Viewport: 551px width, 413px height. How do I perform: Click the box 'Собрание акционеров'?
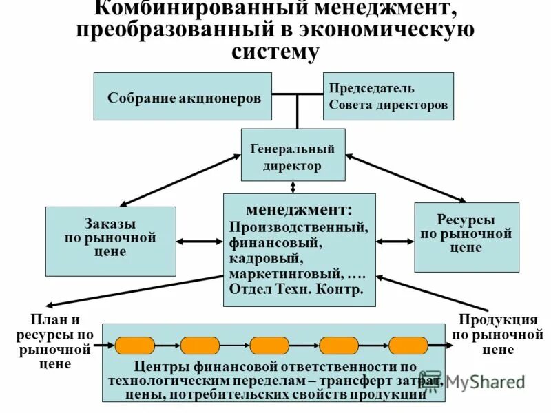click(183, 97)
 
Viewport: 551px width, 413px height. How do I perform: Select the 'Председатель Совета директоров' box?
click(388, 97)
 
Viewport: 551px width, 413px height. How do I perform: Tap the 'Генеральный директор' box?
click(293, 156)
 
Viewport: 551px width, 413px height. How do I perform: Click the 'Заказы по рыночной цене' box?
click(110, 240)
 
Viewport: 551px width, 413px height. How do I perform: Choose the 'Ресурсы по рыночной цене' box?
click(466, 237)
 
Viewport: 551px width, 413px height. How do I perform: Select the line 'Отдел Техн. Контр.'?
click(295, 290)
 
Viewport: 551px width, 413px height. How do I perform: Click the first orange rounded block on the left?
click(135, 346)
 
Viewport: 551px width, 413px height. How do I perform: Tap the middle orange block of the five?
click(269, 346)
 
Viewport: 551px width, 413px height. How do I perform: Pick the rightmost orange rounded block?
click(408, 346)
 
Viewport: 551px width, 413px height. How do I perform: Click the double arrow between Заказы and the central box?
click(199, 242)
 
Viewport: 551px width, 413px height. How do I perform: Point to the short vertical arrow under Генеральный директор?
click(293, 187)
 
